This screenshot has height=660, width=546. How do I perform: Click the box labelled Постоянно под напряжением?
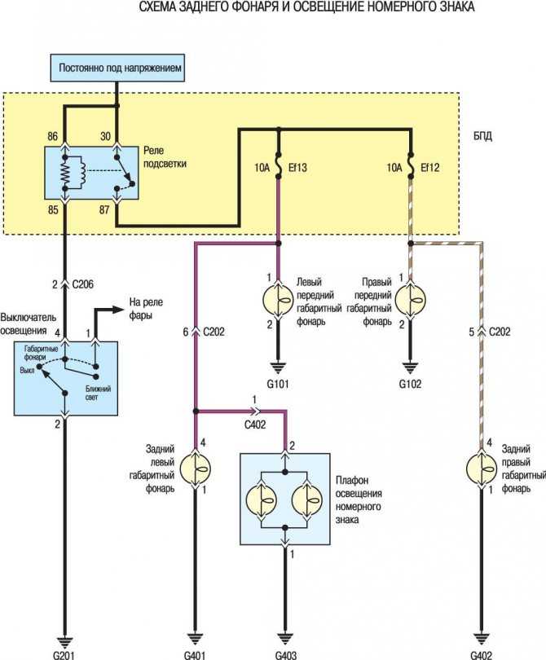(x=117, y=68)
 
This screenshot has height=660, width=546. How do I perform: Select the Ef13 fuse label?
(x=297, y=168)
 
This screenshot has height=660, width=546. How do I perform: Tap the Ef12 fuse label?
(x=429, y=168)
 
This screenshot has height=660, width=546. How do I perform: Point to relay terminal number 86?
(x=53, y=136)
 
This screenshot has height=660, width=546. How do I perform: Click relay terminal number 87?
(x=104, y=209)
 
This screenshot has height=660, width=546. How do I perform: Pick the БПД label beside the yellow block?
(x=482, y=136)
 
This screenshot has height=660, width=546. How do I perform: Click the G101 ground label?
(x=278, y=384)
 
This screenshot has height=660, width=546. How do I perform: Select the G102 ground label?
(x=410, y=384)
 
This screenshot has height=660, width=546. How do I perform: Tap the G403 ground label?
(x=286, y=655)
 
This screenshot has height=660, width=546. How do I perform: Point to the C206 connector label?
(x=83, y=284)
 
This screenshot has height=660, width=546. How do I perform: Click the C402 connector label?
(x=255, y=425)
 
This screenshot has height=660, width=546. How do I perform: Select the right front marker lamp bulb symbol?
(x=411, y=300)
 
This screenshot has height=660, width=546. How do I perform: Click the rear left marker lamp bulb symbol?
(x=196, y=469)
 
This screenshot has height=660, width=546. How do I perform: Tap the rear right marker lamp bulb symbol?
(x=482, y=469)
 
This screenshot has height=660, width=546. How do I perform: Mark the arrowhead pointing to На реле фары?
(x=119, y=310)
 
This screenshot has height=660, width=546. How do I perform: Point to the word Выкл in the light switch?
(x=28, y=371)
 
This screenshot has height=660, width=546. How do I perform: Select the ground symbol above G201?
(x=65, y=642)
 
